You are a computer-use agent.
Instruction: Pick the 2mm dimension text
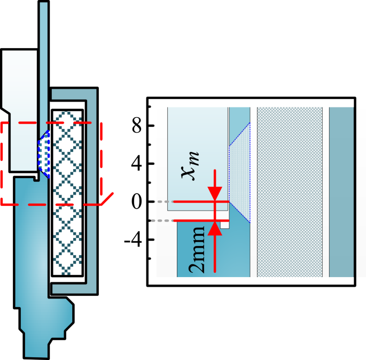(198, 249)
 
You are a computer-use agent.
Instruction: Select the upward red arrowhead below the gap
(214, 229)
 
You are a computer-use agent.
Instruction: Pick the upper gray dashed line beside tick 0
(160, 202)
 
